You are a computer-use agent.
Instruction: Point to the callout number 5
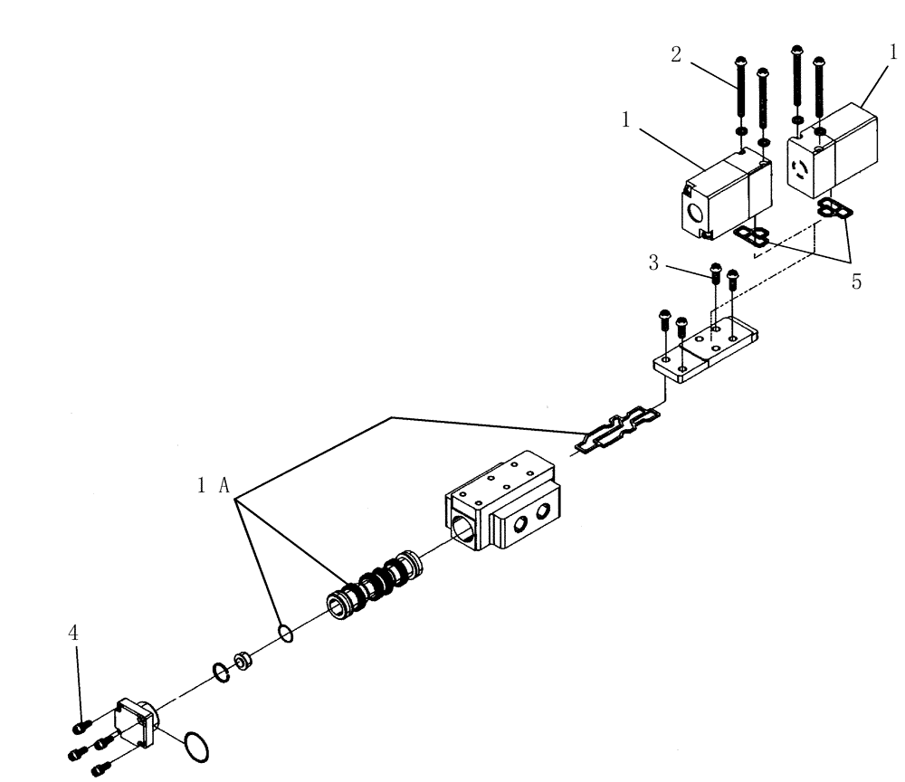click(855, 282)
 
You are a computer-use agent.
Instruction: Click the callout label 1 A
click(214, 485)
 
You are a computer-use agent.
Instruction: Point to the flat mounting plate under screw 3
click(707, 353)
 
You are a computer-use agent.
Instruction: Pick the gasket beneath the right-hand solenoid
click(832, 211)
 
